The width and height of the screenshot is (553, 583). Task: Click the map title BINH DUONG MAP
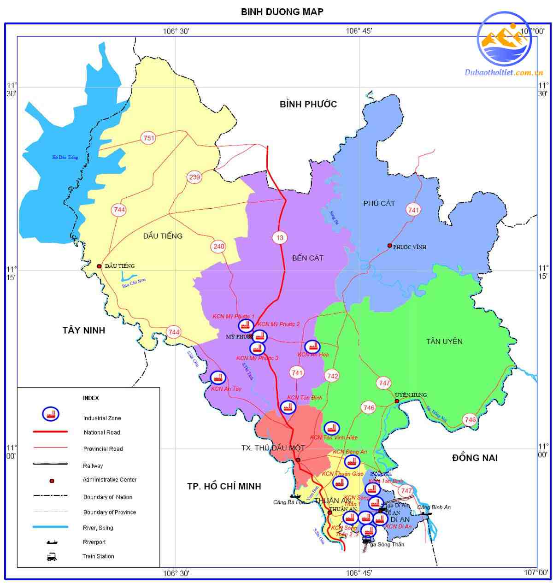pyautogui.click(x=282, y=12)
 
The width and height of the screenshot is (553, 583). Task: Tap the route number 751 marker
pyautogui.click(x=149, y=138)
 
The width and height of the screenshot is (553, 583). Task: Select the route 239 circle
pyautogui.click(x=194, y=177)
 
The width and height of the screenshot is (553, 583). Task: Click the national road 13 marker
pyautogui.click(x=280, y=238)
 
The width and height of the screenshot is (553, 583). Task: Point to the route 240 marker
pyautogui.click(x=218, y=246)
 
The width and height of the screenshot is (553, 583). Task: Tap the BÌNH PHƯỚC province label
pyautogui.click(x=308, y=104)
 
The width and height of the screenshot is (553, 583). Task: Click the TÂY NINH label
pyautogui.click(x=84, y=330)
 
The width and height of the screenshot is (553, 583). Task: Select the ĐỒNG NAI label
pyautogui.click(x=475, y=458)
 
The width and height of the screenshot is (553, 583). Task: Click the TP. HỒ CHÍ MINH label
pyautogui.click(x=224, y=486)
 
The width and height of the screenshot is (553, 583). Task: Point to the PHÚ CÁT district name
pyautogui.click(x=379, y=203)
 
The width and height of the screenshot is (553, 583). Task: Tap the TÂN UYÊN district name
pyautogui.click(x=444, y=342)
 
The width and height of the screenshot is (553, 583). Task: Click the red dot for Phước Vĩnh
pyautogui.click(x=389, y=246)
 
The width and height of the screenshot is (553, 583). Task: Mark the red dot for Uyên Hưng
pyautogui.click(x=397, y=401)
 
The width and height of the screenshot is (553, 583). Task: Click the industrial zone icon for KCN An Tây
pyautogui.click(x=218, y=378)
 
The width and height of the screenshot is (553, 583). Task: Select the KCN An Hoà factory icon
pyautogui.click(x=312, y=347)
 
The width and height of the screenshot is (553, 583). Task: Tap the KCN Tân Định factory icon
pyautogui.click(x=288, y=407)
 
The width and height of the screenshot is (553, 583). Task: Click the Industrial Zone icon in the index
pyautogui.click(x=50, y=414)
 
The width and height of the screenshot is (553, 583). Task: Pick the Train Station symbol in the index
pyautogui.click(x=52, y=557)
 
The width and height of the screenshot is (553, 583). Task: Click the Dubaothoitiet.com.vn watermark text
pyautogui.click(x=504, y=72)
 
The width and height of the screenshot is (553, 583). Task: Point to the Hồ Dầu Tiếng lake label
pyautogui.click(x=65, y=157)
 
